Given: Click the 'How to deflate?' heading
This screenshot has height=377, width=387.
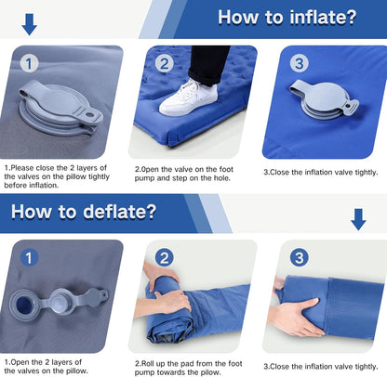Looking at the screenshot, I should click(83, 211).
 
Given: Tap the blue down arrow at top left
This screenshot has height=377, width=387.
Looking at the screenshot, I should click(30, 23).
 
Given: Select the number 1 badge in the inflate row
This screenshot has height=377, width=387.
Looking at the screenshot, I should click(29, 65).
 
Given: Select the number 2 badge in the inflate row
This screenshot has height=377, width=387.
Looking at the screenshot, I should click(164, 65).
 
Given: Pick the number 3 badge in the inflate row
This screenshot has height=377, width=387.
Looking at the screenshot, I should click(298, 64).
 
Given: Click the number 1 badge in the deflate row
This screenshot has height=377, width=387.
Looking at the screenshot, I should click(29, 257).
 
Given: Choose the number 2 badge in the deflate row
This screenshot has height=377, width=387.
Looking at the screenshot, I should click(164, 258).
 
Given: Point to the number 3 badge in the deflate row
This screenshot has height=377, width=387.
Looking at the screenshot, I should click(298, 257).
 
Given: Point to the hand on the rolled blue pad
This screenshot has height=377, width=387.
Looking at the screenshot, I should click(166, 298).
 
